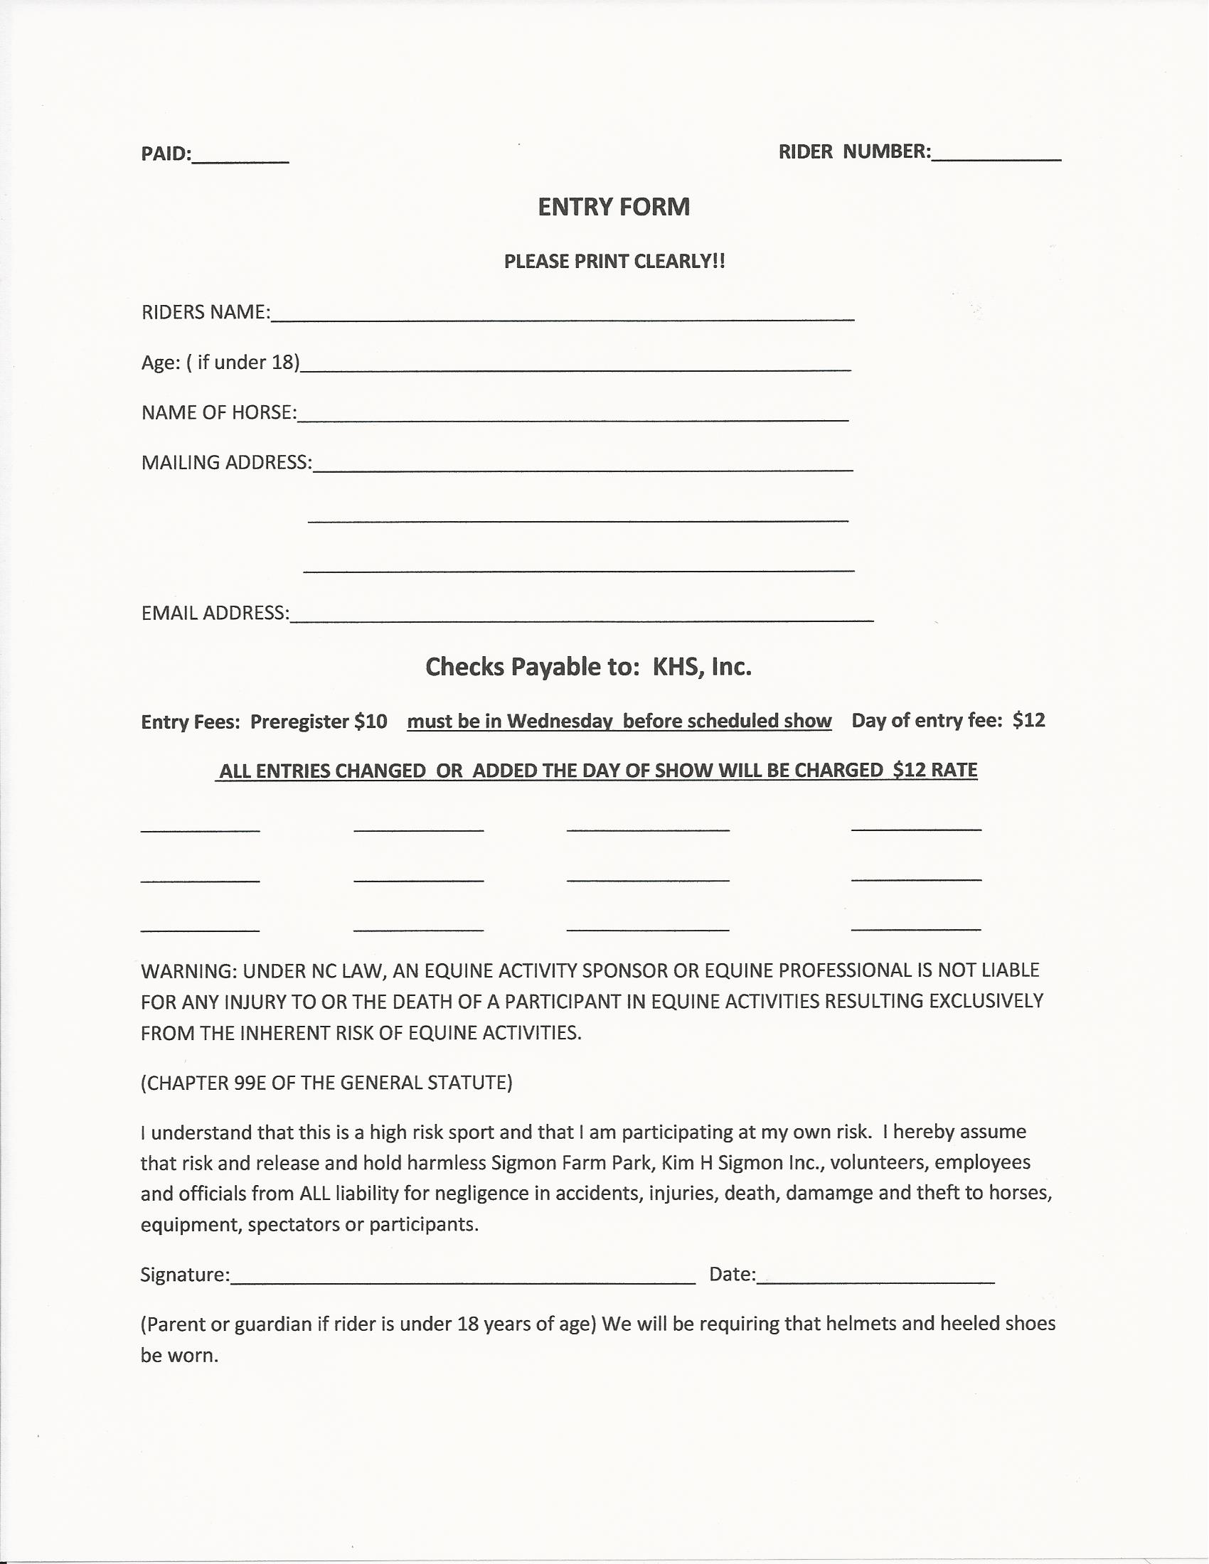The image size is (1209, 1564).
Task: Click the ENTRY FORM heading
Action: [614, 207]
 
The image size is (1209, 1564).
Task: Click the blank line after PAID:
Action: [240, 159]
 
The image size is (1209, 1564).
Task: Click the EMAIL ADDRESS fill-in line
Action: [582, 616]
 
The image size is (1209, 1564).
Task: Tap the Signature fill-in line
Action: [463, 1278]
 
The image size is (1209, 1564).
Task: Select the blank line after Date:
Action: [875, 1278]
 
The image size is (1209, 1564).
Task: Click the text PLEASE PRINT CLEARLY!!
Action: [614, 262]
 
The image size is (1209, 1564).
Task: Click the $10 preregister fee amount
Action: [371, 721]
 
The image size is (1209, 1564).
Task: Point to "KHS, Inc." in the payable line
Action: [702, 668]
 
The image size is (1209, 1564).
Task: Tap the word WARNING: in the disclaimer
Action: [188, 971]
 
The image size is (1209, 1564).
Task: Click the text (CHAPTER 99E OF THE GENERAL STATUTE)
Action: [326, 1083]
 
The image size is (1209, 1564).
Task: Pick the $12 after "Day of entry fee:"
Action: [1028, 720]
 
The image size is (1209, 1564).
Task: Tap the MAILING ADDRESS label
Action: [226, 463]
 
